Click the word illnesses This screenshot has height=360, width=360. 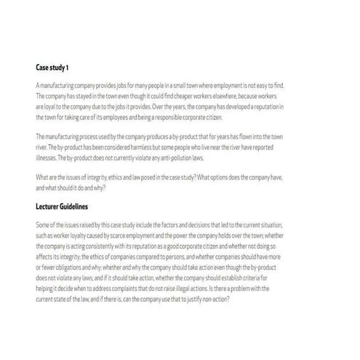pos(47,157)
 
